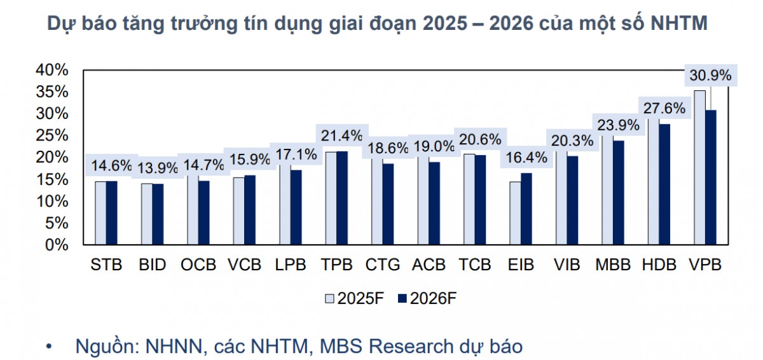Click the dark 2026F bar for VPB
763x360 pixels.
[x=711, y=177]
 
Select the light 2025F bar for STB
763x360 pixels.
[x=100, y=213]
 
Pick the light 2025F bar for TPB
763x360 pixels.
[x=331, y=198]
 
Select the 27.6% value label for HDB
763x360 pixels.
[x=664, y=107]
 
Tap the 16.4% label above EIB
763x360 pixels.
[x=524, y=157]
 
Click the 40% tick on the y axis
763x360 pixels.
[x=52, y=69]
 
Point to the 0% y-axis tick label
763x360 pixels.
[x=56, y=244]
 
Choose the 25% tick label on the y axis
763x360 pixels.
[x=52, y=135]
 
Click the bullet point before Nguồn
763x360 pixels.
[x=50, y=347]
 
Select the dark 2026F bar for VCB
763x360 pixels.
[x=250, y=210]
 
